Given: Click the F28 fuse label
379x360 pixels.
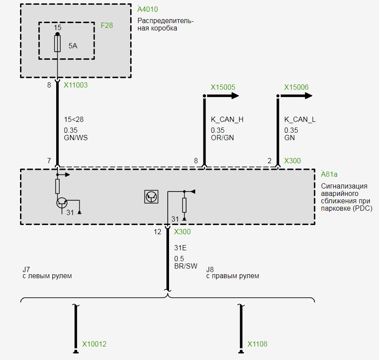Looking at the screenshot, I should click(x=107, y=25).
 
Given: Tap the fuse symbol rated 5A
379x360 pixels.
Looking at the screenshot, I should click(x=58, y=44).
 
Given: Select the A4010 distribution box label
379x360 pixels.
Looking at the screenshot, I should click(x=147, y=9).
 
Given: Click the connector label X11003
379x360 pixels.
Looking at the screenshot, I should click(x=75, y=85).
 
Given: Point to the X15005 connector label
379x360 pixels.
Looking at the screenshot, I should click(x=223, y=87).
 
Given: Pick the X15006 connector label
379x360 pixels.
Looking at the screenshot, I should click(x=296, y=87).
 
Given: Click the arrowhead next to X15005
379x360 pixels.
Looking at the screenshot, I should click(x=235, y=96).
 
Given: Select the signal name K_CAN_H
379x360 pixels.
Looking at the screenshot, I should click(x=227, y=119).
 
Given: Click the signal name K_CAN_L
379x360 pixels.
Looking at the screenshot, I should click(x=300, y=119).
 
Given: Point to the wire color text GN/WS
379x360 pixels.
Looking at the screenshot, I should click(x=76, y=138).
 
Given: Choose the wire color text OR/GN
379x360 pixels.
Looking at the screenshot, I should click(x=222, y=138).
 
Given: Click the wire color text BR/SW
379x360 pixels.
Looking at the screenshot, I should click(x=186, y=266).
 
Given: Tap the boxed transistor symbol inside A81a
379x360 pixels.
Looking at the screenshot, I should click(x=151, y=197).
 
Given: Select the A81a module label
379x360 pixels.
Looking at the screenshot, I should click(x=329, y=175).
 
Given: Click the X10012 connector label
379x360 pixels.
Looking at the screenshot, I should click(x=94, y=344).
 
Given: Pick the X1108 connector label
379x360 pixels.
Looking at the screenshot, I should click(x=257, y=344).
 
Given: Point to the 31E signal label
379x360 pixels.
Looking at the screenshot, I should click(x=180, y=248).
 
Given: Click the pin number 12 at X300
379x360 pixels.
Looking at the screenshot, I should click(x=157, y=232).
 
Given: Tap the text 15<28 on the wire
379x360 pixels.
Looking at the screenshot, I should click(x=74, y=119).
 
